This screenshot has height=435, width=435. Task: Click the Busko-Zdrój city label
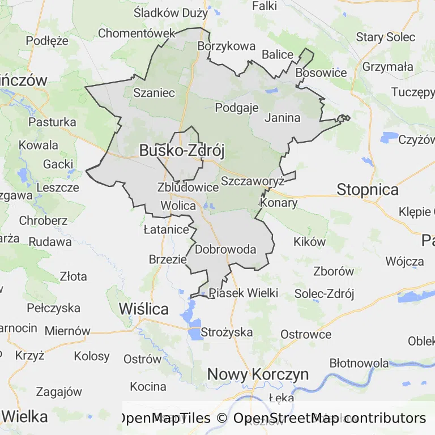[182, 151]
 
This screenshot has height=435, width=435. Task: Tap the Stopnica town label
[368, 189]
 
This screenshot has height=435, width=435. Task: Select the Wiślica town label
[144, 309]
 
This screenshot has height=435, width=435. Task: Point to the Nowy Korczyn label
[258, 374]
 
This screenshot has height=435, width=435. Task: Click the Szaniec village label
[154, 93]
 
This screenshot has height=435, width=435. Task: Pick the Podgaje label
[237, 108]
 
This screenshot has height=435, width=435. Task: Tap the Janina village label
[282, 118]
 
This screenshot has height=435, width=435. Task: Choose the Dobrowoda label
[225, 249]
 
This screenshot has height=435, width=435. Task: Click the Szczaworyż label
[252, 181]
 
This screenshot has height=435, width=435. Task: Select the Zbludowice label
[188, 187]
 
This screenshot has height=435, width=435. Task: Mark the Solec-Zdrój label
[324, 293]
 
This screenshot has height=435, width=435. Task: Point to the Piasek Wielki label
[244, 293]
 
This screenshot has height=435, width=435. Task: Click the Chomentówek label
[137, 33]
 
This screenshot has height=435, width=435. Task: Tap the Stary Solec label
[386, 37]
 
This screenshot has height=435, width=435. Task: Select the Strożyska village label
[227, 332]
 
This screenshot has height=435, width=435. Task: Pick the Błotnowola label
[359, 363]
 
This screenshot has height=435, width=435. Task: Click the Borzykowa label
[226, 46]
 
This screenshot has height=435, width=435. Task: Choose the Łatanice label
[166, 229]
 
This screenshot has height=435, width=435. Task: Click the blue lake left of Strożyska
[194, 329]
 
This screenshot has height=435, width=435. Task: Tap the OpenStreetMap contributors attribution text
[329, 419]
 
